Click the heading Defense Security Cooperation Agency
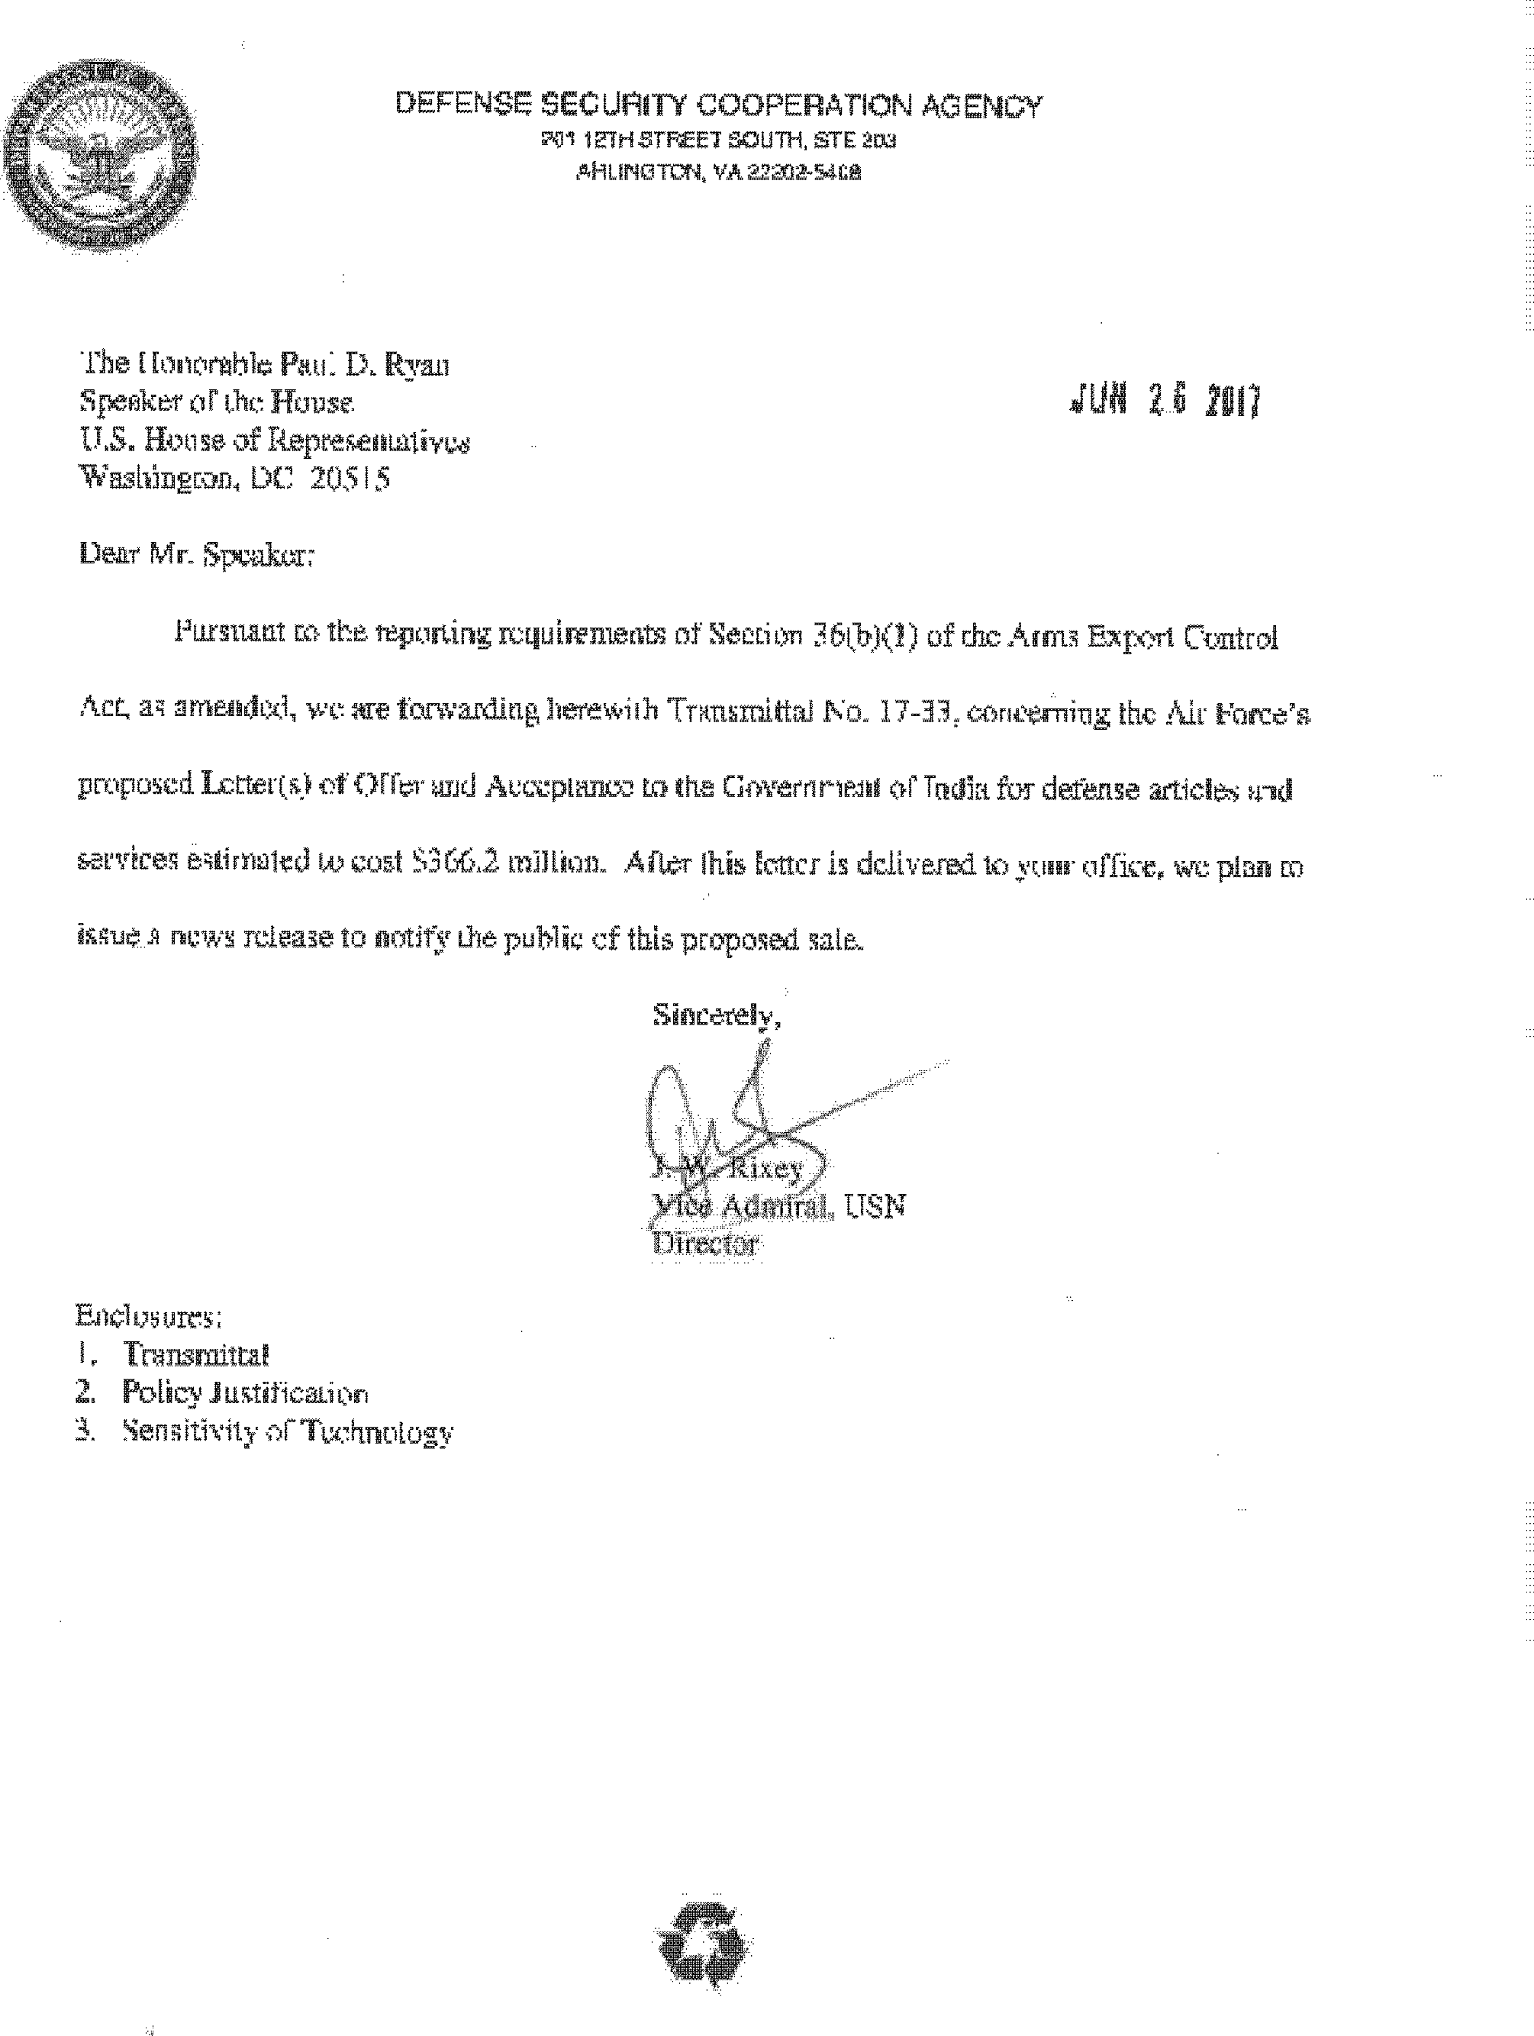(717, 106)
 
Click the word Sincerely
(716, 1015)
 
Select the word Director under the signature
(705, 1244)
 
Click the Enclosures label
(147, 1316)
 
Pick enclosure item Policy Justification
(246, 1393)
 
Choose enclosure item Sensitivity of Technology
(288, 1433)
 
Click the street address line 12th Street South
(717, 140)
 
